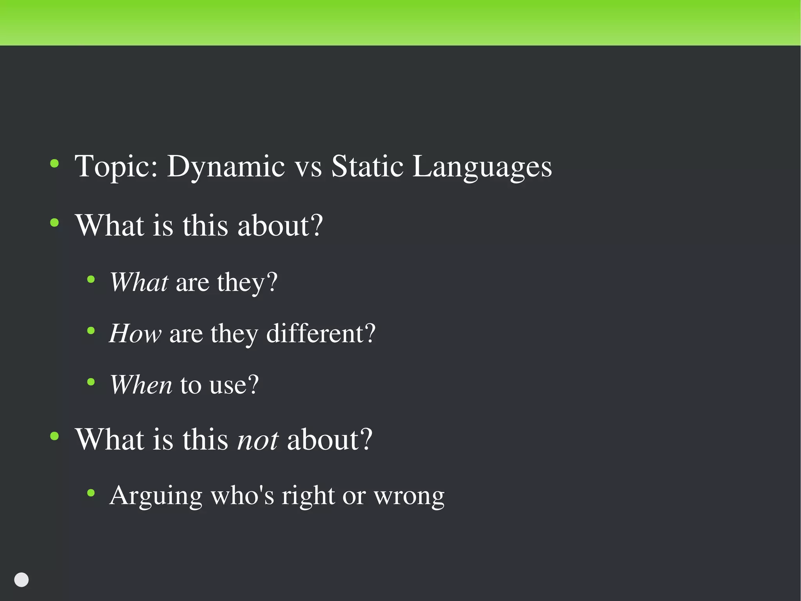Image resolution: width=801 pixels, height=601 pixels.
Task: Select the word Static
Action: click(x=367, y=166)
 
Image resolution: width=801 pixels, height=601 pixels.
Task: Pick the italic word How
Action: click(x=135, y=334)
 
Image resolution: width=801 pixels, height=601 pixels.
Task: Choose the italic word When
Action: click(x=141, y=384)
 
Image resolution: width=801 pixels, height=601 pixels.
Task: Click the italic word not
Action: click(x=258, y=440)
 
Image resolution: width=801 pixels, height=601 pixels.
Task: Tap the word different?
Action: click(x=321, y=334)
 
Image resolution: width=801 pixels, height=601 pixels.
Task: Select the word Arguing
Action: click(x=156, y=496)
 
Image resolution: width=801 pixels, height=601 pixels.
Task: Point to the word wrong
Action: click(x=409, y=496)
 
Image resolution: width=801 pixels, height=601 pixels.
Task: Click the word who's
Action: click(x=242, y=495)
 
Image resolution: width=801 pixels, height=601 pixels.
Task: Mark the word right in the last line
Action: click(x=308, y=496)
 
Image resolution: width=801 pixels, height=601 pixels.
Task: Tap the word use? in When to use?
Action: click(x=234, y=384)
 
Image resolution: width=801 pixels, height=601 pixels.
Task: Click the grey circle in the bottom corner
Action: click(x=22, y=580)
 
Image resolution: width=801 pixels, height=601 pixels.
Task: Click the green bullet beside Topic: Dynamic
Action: click(x=55, y=163)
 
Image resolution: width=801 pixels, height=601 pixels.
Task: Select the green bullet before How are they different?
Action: click(x=91, y=331)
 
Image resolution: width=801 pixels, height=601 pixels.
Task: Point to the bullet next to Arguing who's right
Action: click(x=91, y=493)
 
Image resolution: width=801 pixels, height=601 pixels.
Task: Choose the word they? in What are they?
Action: click(x=247, y=283)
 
